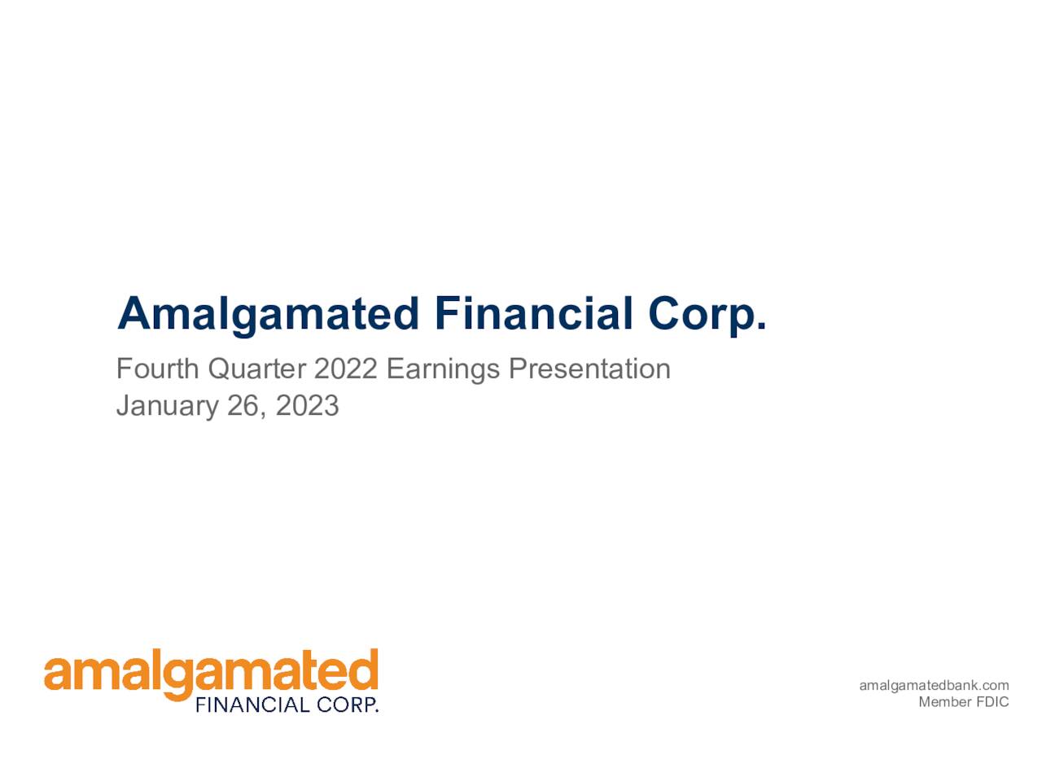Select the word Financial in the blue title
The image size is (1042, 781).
click(x=533, y=314)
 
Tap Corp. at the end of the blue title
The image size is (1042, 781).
click(x=707, y=314)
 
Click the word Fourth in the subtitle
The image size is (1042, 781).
click(x=157, y=369)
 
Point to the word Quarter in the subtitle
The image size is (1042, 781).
click(x=256, y=369)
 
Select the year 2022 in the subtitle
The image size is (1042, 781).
click(x=345, y=369)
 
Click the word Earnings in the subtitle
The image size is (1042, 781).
click(x=443, y=369)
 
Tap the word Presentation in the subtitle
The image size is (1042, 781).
click(x=589, y=369)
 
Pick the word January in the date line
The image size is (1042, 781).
click(x=167, y=405)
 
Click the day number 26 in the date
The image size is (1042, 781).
click(x=243, y=405)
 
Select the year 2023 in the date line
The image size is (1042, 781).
click(x=307, y=405)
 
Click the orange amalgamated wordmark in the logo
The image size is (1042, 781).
click(x=211, y=674)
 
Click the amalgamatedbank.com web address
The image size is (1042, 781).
click(x=934, y=686)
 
